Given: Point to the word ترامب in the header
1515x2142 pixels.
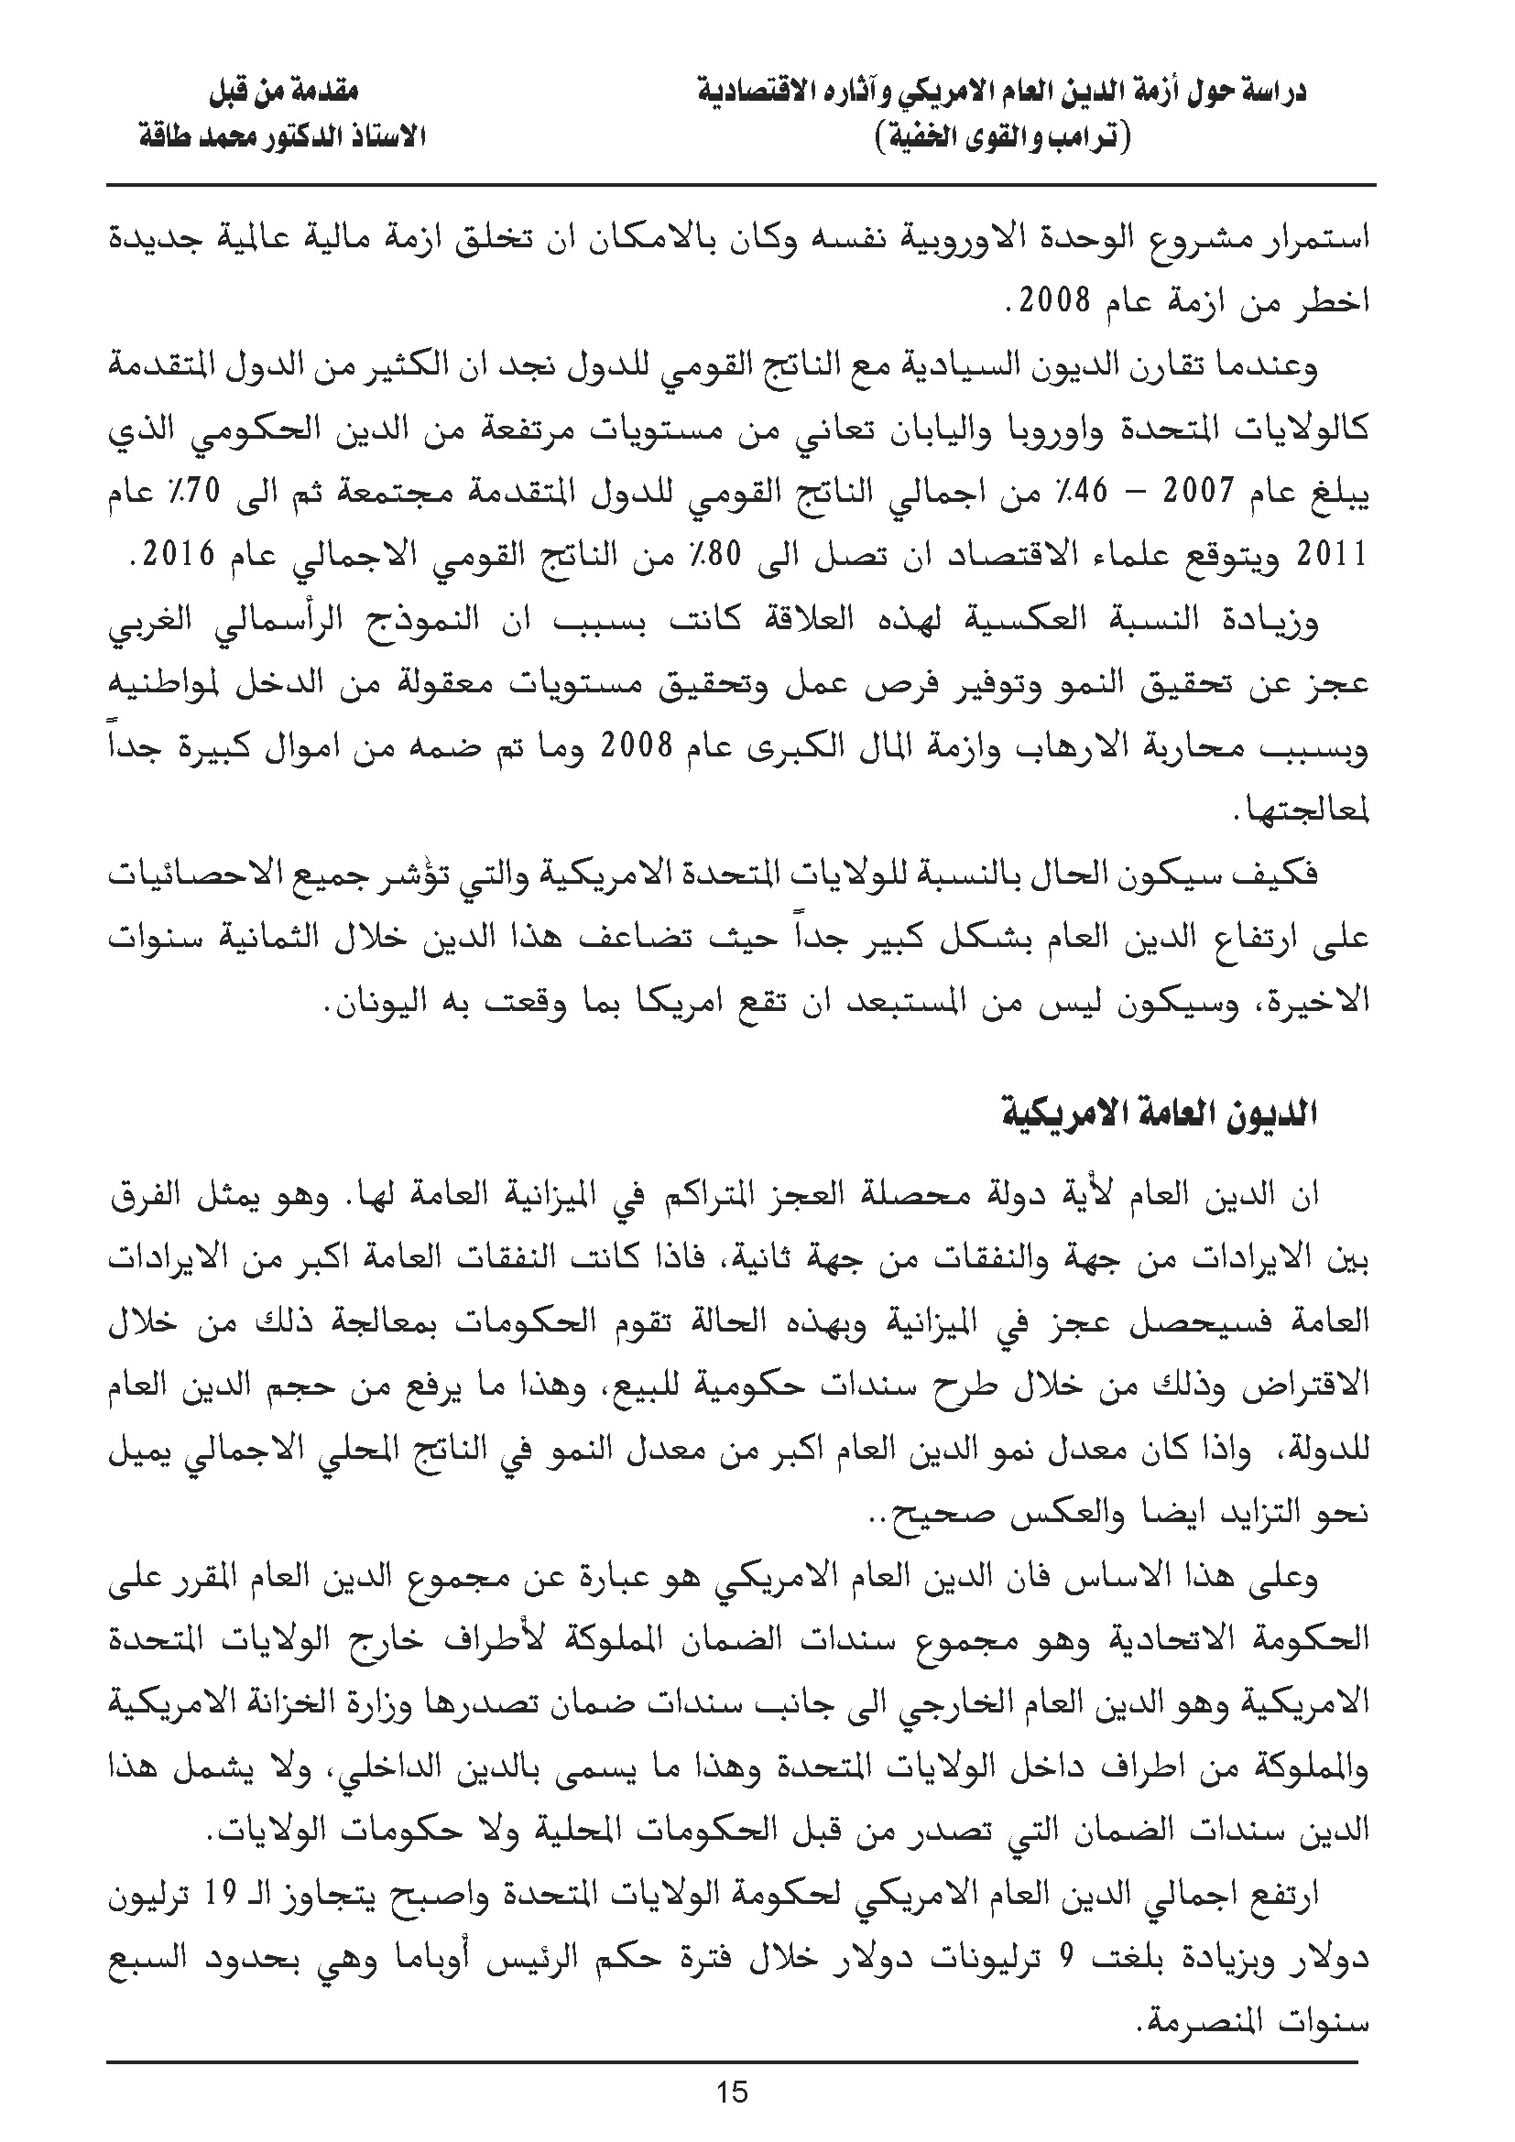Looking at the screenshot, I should click(1083, 139).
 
